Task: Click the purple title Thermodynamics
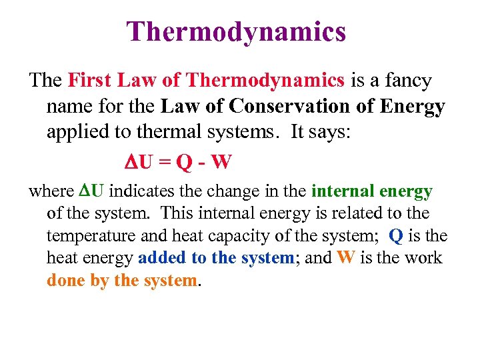click(x=237, y=31)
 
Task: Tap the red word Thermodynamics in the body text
click(x=266, y=81)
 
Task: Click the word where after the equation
click(x=51, y=192)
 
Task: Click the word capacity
click(x=238, y=236)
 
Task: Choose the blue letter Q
click(x=396, y=235)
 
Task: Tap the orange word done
click(x=67, y=280)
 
